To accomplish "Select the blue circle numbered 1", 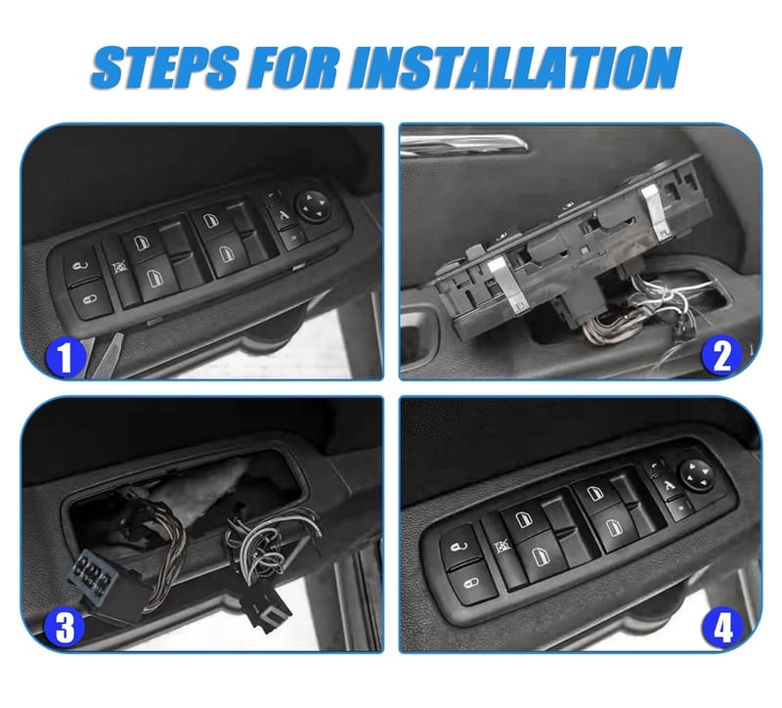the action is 65,356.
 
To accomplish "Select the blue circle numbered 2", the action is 721,356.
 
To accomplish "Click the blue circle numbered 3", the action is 65,627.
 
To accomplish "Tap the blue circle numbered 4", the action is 721,628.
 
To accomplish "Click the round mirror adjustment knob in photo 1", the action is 314,205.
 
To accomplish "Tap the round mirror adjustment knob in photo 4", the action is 696,474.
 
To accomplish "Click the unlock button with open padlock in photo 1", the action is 82,267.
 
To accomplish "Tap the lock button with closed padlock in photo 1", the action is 92,300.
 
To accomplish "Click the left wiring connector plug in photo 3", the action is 108,586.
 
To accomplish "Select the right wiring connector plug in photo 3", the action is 267,608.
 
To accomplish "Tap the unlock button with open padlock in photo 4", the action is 458,548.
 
